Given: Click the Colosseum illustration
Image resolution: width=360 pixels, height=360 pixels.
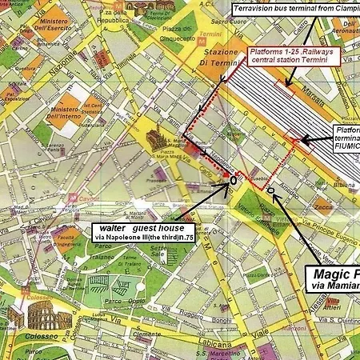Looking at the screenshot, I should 40,316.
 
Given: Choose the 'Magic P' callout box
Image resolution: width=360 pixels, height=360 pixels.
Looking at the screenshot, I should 332,278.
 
